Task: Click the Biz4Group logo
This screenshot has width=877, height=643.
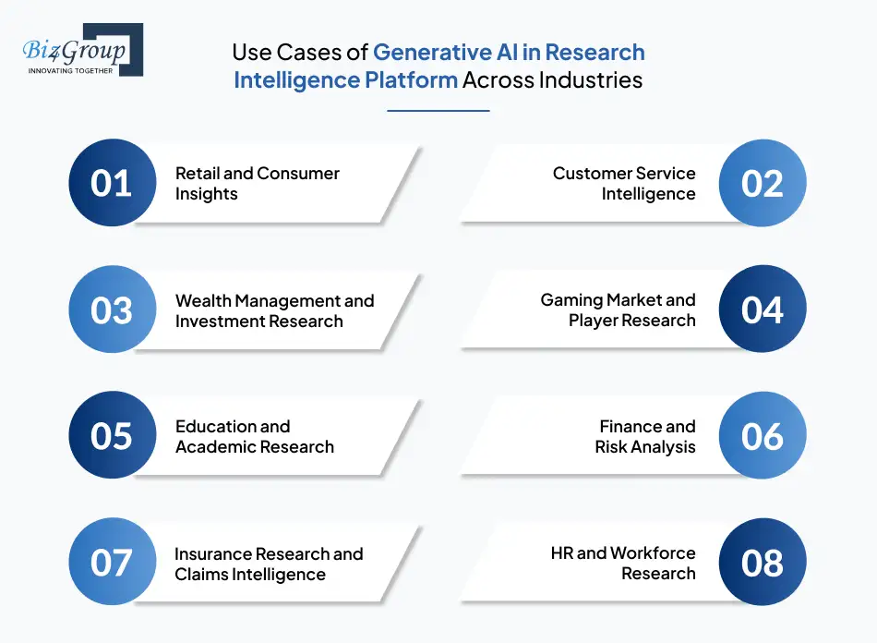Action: tap(82, 50)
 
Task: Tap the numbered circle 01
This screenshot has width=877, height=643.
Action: tap(112, 183)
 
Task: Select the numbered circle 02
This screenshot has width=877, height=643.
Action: tap(763, 183)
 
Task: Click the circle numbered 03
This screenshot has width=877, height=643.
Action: tap(112, 309)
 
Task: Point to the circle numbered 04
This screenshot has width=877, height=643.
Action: tap(763, 309)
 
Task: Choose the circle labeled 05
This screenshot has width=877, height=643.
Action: tap(112, 436)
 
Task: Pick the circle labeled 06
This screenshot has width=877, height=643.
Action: tap(763, 436)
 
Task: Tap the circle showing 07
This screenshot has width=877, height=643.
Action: tap(112, 563)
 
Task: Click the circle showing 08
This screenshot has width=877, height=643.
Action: tap(763, 563)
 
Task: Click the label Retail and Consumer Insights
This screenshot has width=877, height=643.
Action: tap(257, 183)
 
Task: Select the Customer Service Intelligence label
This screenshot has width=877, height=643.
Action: tap(624, 183)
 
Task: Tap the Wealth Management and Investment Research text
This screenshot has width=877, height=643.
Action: tap(274, 310)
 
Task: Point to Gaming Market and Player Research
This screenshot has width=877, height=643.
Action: tap(618, 309)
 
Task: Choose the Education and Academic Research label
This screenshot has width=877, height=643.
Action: tap(254, 436)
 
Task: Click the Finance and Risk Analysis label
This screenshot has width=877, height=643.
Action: tap(645, 436)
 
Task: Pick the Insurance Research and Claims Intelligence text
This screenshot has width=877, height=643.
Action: tap(268, 564)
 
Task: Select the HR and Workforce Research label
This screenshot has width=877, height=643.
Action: tap(623, 563)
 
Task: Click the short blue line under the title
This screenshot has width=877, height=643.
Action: tap(438, 111)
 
